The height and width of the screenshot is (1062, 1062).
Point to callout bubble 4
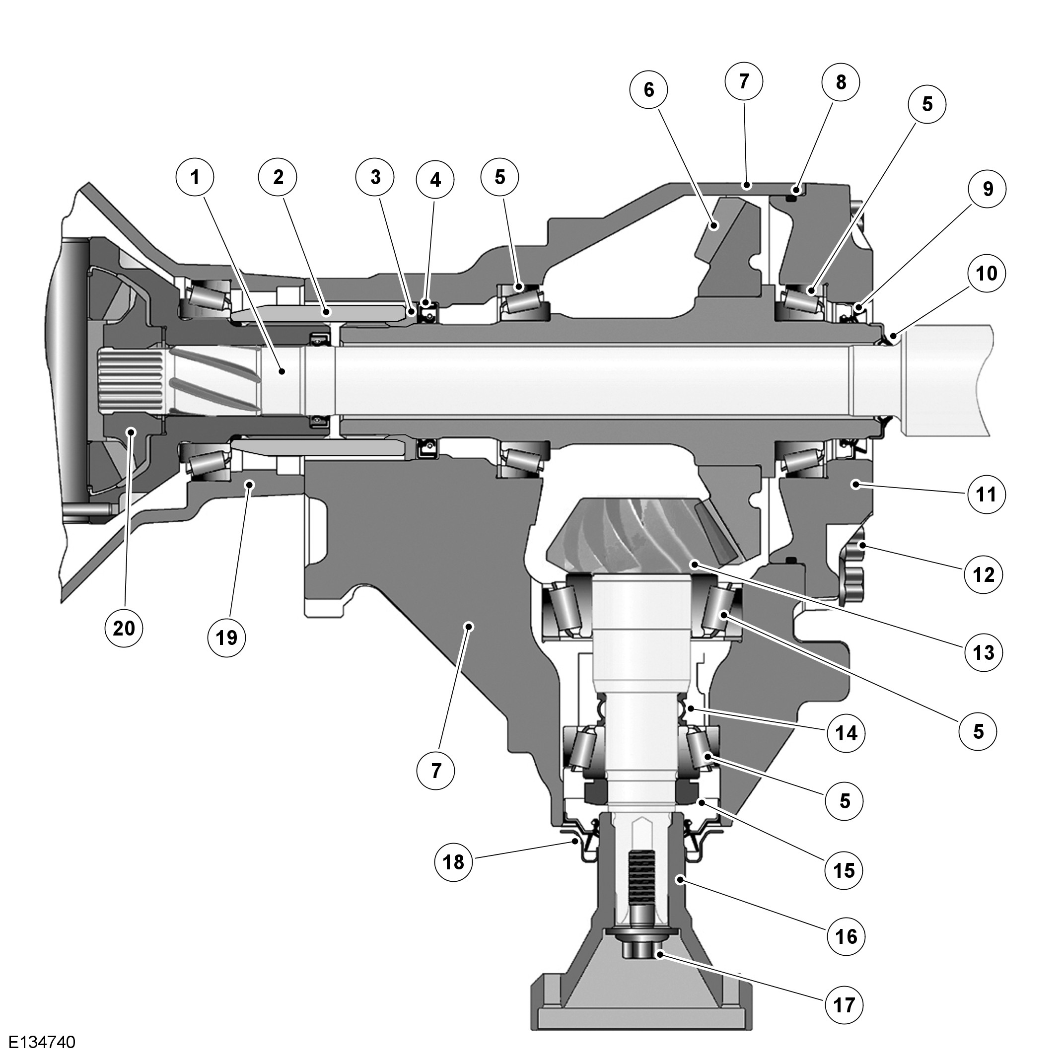435,179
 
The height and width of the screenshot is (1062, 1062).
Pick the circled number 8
841,82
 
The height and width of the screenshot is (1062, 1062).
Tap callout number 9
988,189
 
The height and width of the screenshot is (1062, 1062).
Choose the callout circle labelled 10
987,273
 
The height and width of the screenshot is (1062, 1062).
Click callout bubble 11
986,495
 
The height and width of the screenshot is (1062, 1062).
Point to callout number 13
984,652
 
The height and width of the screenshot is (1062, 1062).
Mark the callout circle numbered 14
847,732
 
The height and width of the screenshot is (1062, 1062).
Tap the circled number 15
845,870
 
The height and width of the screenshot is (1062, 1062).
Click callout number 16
846,936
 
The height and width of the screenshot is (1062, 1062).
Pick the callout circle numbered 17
845,1005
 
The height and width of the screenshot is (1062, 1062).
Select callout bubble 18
453,862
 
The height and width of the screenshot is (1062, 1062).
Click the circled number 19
226,637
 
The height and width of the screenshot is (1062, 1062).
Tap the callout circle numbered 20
124,628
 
